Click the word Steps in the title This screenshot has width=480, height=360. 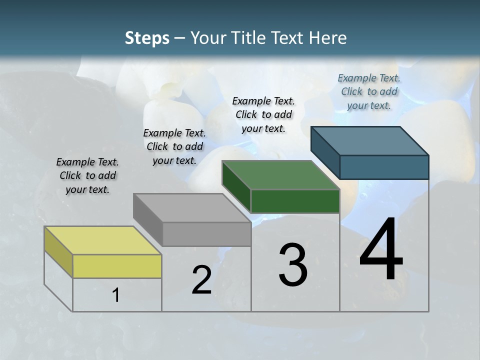tap(147, 38)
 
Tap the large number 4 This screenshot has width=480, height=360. tap(381, 249)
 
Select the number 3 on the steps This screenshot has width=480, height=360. tap(293, 265)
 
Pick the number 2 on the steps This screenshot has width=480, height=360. tap(201, 280)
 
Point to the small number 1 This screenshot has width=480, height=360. tap(116, 295)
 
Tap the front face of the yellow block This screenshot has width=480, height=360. tap(117, 266)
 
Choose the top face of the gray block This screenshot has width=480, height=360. tap(192, 207)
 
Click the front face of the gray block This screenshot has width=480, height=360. tap(206, 234)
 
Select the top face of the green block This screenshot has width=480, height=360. tap(280, 175)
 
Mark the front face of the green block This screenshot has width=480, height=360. tap(295, 201)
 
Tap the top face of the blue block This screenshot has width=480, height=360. tap(370, 140)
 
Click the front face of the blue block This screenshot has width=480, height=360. tap(384, 167)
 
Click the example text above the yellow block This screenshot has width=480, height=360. tap(87, 175)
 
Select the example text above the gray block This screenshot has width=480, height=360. tap(174, 146)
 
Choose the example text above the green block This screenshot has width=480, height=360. tap(263, 114)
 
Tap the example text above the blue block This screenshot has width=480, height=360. tap(369, 91)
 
